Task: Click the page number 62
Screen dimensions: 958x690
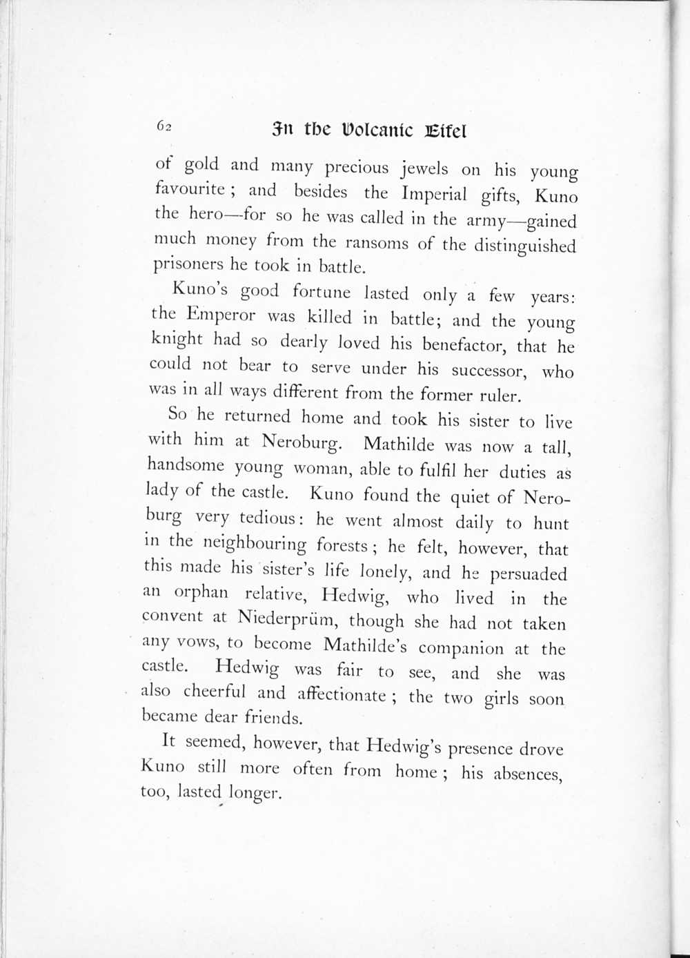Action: tap(164, 126)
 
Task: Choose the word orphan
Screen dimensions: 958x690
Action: tap(201, 594)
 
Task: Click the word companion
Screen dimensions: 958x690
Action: tap(461, 649)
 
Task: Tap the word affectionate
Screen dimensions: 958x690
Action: tap(342, 694)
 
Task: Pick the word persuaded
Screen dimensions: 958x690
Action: tap(528, 574)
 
